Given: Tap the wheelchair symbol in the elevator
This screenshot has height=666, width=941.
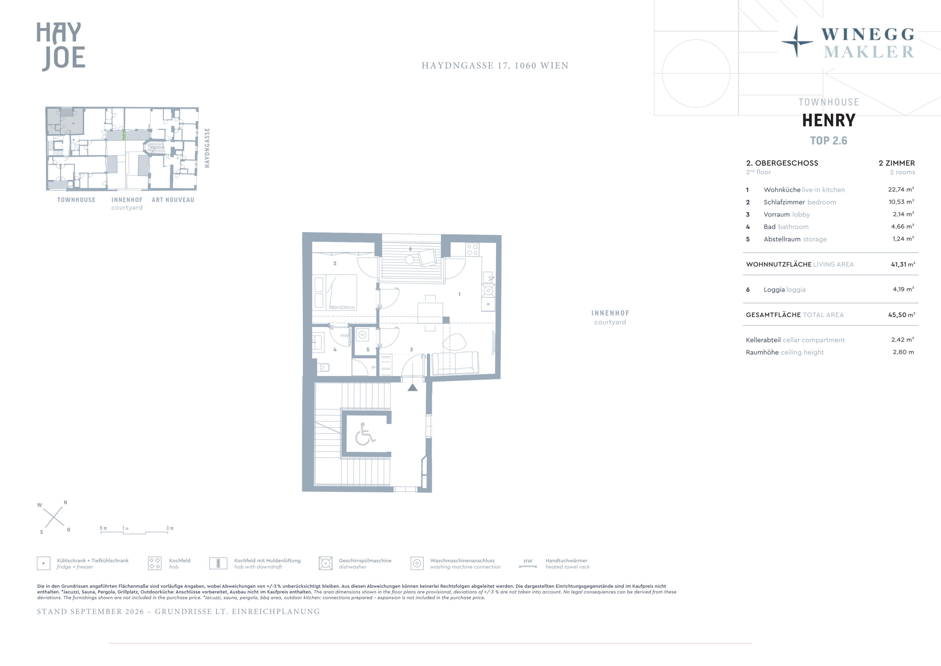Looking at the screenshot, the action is [x=365, y=434].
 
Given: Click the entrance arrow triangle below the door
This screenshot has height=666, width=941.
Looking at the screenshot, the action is [x=412, y=387].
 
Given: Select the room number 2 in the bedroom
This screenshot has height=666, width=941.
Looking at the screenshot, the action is [x=335, y=263].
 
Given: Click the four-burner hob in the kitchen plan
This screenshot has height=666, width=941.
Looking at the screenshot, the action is [x=472, y=250].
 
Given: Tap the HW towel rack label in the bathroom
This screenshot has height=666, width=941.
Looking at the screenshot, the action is [x=345, y=335].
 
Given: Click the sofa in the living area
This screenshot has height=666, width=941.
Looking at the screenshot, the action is [x=455, y=363].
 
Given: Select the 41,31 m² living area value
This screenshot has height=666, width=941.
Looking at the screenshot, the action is [x=903, y=265].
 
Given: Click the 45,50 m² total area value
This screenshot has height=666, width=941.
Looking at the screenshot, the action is [x=902, y=315].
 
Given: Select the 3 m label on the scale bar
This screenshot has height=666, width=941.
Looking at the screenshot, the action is [x=170, y=528].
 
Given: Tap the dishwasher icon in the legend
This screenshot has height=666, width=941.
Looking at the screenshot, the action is [x=325, y=563].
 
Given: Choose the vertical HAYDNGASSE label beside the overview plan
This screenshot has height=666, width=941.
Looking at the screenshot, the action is [x=207, y=148].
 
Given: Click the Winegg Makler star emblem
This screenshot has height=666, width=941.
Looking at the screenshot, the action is [x=797, y=41].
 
